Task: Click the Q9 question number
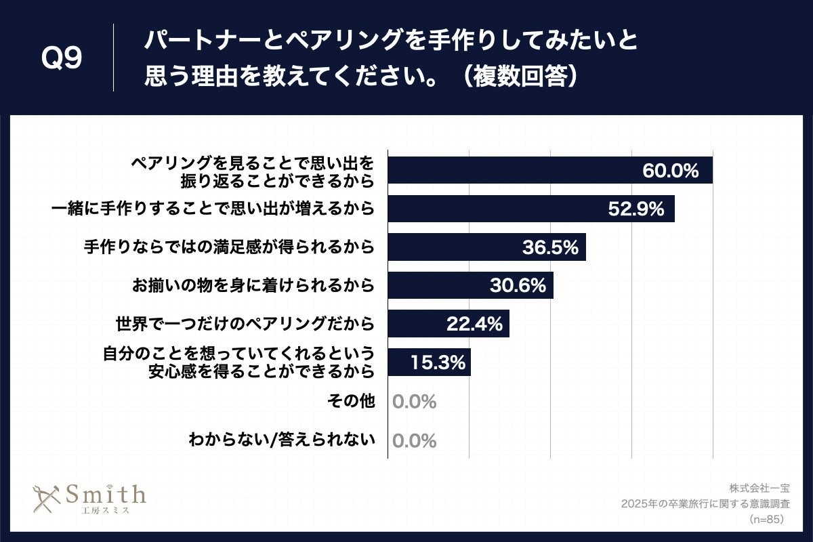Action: click(x=62, y=60)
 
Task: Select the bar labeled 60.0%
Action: click(x=549, y=170)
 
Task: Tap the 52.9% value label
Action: click(x=635, y=209)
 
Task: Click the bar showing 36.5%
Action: click(x=486, y=248)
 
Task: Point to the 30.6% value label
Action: click(x=518, y=286)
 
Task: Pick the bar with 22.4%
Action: click(x=448, y=324)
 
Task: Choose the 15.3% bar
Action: click(x=429, y=362)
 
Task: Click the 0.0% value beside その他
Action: click(x=414, y=402)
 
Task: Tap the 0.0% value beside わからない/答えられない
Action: click(x=414, y=441)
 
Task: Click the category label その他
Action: click(x=351, y=401)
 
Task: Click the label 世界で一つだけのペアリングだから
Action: click(x=245, y=324)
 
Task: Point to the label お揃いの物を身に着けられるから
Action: click(x=253, y=285)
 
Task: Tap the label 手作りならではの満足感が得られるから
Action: click(x=229, y=247)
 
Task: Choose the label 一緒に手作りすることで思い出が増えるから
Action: click(x=213, y=209)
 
